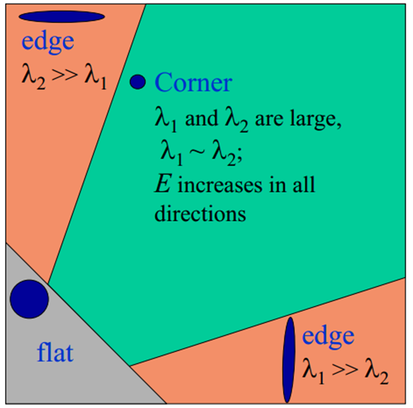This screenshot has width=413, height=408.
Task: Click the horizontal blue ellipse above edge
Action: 62,17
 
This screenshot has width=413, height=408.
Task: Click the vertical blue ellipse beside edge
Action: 289,360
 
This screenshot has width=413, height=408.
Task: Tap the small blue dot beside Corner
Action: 137,82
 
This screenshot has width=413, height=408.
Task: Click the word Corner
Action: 193,83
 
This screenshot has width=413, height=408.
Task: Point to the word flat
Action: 55,354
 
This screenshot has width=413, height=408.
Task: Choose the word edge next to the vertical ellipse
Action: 328,336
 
